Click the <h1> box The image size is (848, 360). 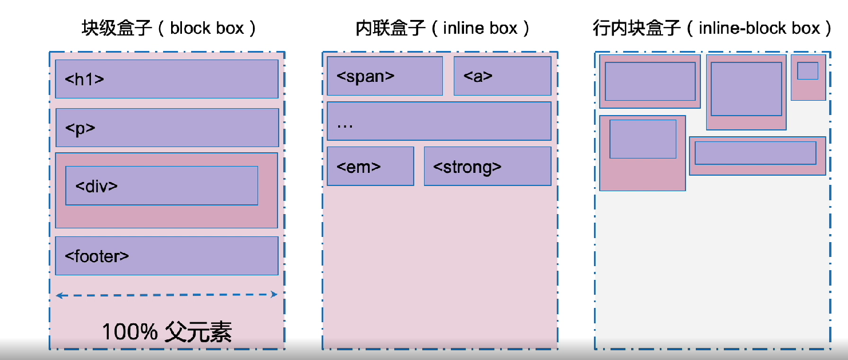(167, 79)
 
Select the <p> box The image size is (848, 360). (167, 128)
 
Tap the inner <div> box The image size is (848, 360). (161, 185)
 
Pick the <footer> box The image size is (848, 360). (167, 256)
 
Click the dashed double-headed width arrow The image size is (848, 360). (167, 295)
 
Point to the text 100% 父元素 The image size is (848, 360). (167, 332)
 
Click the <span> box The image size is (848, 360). (385, 76)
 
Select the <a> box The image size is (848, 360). (502, 76)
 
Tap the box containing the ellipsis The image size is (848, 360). (439, 121)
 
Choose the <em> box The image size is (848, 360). (370, 166)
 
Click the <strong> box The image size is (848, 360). (488, 166)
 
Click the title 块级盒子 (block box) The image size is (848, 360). (169, 28)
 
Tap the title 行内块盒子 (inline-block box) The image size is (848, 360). (712, 28)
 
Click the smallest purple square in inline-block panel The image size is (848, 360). (807, 70)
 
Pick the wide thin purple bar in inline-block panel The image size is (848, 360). (755, 153)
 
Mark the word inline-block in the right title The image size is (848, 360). (743, 28)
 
